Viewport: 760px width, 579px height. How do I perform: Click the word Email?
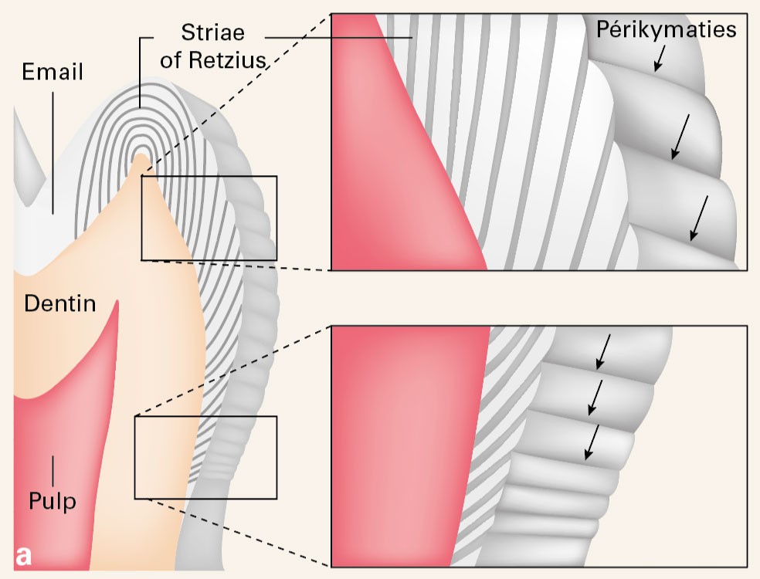click(53, 72)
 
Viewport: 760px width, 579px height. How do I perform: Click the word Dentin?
click(60, 304)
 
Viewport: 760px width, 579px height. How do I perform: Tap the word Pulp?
click(53, 500)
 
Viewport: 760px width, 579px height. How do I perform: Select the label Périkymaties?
click(666, 29)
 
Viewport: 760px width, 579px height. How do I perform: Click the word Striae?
click(212, 32)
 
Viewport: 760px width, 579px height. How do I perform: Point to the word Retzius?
click(227, 60)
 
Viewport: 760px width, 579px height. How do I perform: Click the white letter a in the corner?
click(23, 557)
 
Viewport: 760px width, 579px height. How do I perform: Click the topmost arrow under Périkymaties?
click(660, 58)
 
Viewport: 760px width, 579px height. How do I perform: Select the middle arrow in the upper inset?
click(680, 137)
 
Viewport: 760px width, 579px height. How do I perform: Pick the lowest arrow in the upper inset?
click(699, 218)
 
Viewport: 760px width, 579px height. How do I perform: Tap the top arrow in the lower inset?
click(603, 351)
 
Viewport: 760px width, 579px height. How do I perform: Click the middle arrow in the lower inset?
click(595, 398)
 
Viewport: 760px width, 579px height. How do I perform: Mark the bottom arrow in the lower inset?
click(592, 442)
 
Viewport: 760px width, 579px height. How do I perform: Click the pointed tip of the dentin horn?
click(141, 154)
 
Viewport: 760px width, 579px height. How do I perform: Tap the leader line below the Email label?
click(53, 153)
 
